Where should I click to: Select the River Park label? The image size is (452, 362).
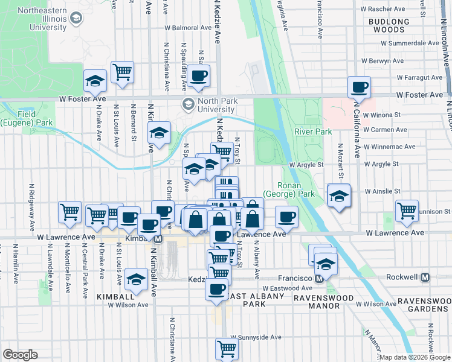[x=313, y=132]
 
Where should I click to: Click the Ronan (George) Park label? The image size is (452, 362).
[x=296, y=190]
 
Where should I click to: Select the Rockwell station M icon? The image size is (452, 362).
[x=425, y=278]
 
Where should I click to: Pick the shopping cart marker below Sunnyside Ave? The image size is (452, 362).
[x=227, y=348]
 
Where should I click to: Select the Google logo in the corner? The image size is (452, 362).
[x=20, y=354]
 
